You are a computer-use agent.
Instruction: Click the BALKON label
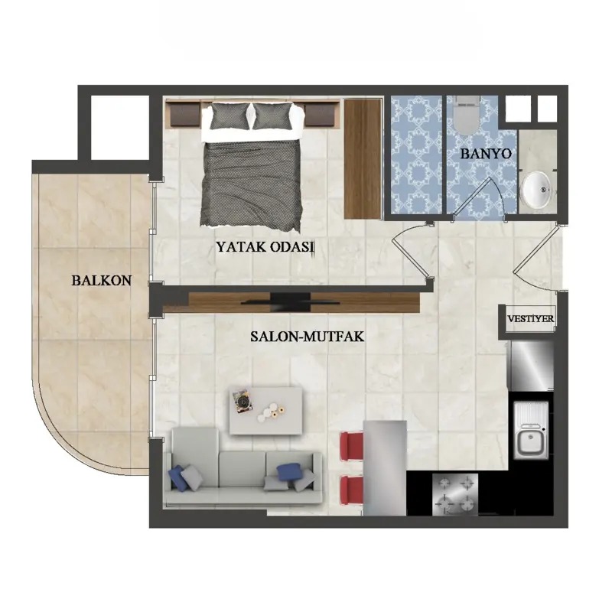click(102, 281)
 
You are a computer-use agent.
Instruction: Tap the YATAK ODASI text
click(265, 247)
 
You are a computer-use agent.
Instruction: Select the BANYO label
click(486, 154)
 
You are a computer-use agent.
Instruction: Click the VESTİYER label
click(530, 318)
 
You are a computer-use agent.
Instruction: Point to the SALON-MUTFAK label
click(308, 337)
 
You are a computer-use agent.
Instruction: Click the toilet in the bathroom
click(467, 116)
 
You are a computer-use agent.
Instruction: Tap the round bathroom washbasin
click(537, 190)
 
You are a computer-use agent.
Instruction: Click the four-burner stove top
click(455, 494)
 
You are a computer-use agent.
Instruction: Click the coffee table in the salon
click(265, 411)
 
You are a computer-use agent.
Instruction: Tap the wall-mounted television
click(290, 301)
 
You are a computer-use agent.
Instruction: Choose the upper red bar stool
click(352, 446)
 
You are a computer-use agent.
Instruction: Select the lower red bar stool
click(352, 490)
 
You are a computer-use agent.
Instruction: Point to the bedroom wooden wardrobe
click(363, 159)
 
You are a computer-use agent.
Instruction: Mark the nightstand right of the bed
click(319, 115)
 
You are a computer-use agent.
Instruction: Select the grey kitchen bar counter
click(385, 468)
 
